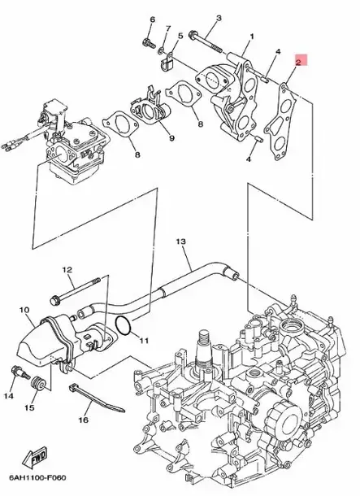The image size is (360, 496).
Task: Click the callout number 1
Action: [x=252, y=37]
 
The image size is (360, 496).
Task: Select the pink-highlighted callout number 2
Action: [x=299, y=61]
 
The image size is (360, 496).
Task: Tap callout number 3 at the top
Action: [x=218, y=17]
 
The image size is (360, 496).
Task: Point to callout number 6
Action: [x=151, y=18]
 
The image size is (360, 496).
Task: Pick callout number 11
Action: [x=143, y=339]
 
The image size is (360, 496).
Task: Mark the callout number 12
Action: [x=67, y=269]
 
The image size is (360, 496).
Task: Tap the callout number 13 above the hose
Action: [x=180, y=241]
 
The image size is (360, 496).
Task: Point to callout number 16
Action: [x=83, y=420]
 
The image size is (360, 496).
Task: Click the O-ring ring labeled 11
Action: [x=124, y=326]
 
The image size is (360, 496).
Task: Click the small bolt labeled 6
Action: [x=148, y=37]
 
